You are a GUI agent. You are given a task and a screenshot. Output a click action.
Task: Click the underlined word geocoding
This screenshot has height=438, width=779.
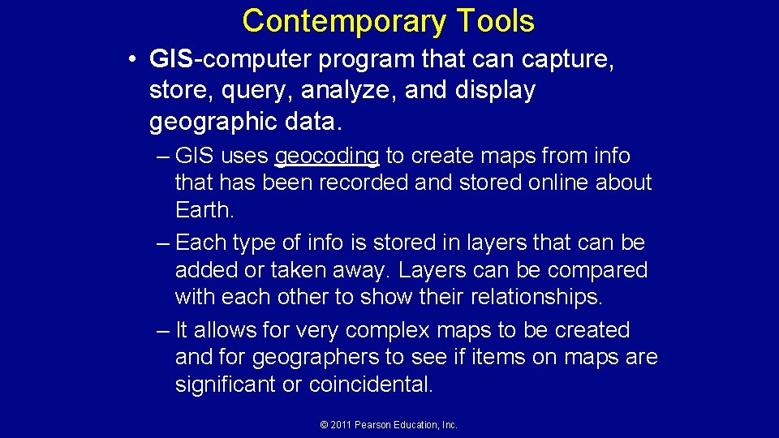[x=328, y=156]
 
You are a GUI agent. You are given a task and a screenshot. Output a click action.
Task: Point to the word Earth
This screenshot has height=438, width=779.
[x=204, y=209]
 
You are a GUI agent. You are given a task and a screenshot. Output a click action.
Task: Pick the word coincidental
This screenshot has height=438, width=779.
[x=371, y=384]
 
